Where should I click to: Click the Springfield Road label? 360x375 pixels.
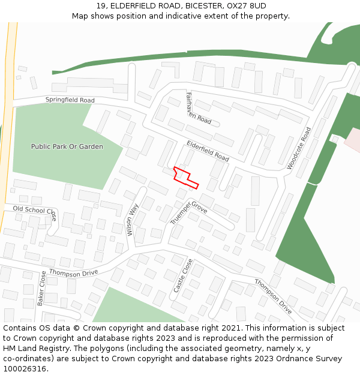pos(70,100)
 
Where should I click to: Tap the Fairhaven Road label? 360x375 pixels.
pos(198,109)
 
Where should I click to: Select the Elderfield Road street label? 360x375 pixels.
pos(208,151)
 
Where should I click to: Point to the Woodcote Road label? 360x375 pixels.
pos(299,148)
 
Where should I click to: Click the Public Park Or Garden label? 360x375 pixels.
pos(67,146)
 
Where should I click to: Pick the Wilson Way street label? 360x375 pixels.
pos(134,220)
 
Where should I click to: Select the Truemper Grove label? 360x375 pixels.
pos(188,213)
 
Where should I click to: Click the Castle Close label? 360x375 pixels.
pos(182,275)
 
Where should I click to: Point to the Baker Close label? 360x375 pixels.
pos(42,288)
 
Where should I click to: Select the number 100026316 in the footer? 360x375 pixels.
pos(25,369)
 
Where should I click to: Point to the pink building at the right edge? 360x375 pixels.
pos(353,139)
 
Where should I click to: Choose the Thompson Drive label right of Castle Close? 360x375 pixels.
pos(273,296)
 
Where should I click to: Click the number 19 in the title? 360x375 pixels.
pos(100,5)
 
